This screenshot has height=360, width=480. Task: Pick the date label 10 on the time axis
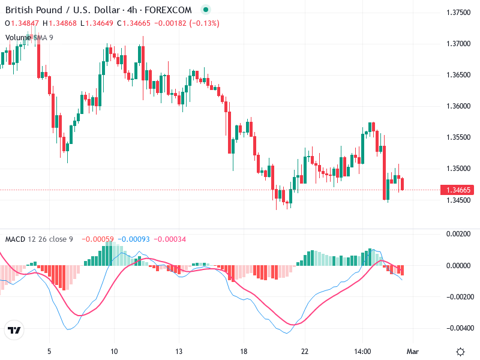click(114, 352)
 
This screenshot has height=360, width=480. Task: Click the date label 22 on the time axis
click(305, 352)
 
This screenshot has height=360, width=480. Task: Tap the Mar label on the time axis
click(412, 352)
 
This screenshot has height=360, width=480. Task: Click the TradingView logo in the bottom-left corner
click(14, 331)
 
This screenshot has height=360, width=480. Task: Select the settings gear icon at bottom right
click(460, 352)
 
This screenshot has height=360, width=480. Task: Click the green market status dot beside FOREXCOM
click(206, 10)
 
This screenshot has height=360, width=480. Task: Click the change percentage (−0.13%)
click(204, 23)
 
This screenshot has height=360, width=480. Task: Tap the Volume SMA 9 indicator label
click(29, 37)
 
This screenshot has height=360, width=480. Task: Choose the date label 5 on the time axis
click(50, 352)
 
